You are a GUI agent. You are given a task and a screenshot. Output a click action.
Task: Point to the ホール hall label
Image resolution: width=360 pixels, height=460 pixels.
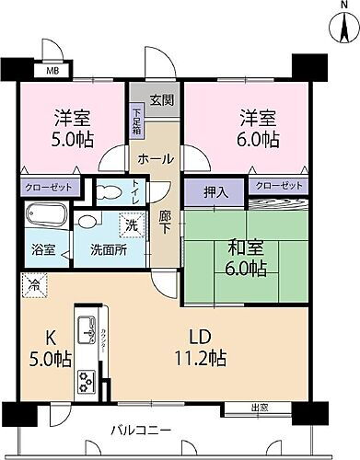pos(155,158)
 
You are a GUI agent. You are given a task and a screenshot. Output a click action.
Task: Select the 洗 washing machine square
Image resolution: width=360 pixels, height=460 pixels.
pos(131,224)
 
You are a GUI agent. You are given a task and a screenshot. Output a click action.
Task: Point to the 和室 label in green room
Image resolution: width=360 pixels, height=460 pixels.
pos(244,245)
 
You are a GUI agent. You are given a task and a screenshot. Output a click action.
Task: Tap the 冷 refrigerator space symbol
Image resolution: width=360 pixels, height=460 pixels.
pos(31,284)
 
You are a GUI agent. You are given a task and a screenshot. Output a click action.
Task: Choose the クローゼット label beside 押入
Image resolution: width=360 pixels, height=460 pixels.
pos(278,185)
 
